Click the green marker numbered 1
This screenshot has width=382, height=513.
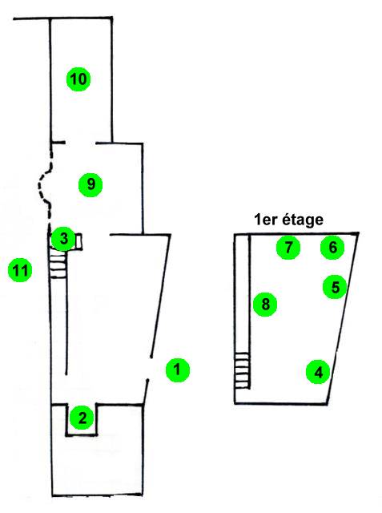(x=178, y=370)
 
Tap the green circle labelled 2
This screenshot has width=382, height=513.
(x=82, y=418)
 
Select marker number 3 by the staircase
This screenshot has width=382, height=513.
(x=64, y=239)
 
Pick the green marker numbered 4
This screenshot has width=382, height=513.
(x=318, y=372)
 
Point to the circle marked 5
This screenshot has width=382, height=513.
(x=336, y=287)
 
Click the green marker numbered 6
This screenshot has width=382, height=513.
(x=332, y=247)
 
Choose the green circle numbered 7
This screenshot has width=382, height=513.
(x=288, y=248)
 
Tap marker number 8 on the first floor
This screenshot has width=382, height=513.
(x=265, y=305)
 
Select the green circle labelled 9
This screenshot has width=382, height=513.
(x=90, y=184)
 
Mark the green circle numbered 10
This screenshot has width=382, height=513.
(x=78, y=79)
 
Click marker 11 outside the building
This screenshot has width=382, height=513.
(x=20, y=270)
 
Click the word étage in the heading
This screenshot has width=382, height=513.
(x=303, y=220)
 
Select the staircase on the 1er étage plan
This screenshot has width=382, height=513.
(x=242, y=370)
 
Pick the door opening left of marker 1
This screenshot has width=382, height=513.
(x=149, y=368)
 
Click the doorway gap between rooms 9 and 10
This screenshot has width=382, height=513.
(x=81, y=143)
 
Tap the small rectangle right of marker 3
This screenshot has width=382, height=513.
(x=78, y=242)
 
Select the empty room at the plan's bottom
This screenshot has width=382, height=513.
(x=97, y=465)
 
